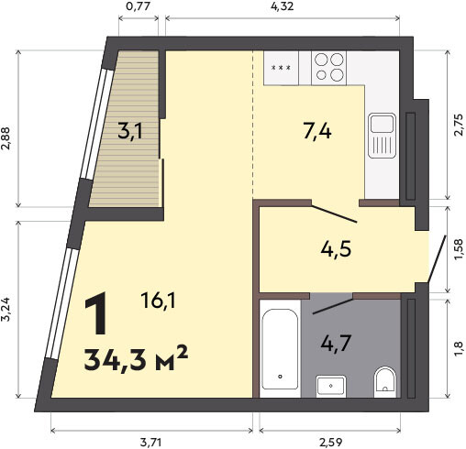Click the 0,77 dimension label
click(139, 6)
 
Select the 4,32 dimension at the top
click(283, 6)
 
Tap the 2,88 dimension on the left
click(6, 138)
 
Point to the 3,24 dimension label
click(6, 310)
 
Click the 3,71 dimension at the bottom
click(151, 442)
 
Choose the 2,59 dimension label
click(331, 442)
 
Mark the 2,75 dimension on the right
click(459, 125)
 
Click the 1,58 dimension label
click(459, 249)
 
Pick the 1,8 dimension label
click(459, 349)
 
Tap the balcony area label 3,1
click(130, 133)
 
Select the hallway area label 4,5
click(336, 249)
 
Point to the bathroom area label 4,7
click(336, 344)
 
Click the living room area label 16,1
click(158, 300)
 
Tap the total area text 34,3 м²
click(136, 359)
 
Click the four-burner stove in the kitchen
click(328, 68)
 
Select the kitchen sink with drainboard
click(382, 136)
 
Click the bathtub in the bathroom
click(280, 348)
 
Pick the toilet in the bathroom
click(385, 382)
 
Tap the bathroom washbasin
click(331, 386)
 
